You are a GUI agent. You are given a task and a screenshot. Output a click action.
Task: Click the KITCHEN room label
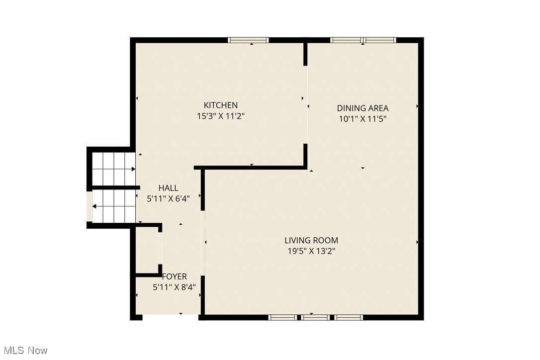click(x=221, y=105)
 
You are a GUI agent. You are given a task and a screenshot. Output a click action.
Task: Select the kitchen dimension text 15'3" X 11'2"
click(x=221, y=116)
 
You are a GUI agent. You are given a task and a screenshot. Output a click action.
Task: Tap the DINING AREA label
click(x=362, y=108)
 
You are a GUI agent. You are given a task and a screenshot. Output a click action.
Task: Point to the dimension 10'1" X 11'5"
click(x=362, y=119)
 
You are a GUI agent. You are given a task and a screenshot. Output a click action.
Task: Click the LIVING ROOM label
click(x=311, y=240)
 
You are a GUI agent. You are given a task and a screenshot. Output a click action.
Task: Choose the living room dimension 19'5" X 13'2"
click(x=311, y=251)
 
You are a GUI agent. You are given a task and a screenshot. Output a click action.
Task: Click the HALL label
click(x=168, y=187)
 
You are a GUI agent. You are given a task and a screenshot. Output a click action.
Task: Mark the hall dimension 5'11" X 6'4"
click(x=169, y=198)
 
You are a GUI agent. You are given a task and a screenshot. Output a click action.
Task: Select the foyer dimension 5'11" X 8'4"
click(x=177, y=287)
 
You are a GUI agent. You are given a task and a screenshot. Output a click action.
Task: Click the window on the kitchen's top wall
click(x=248, y=40)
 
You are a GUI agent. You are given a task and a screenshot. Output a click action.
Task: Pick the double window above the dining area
click(x=363, y=40)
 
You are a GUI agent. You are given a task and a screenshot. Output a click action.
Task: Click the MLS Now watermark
click(x=24, y=351)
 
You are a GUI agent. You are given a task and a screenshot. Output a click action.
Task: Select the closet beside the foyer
click(x=147, y=251)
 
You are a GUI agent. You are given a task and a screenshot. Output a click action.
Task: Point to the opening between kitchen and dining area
click(x=305, y=105)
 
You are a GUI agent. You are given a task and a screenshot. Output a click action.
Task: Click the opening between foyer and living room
click(x=202, y=242)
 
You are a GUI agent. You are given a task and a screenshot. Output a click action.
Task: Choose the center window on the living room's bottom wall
click(x=315, y=317)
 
